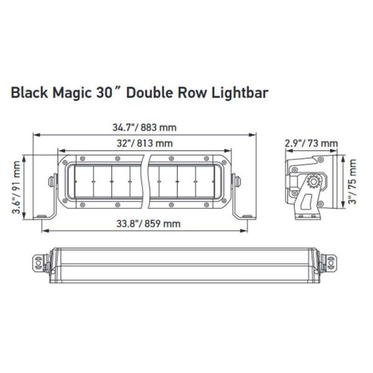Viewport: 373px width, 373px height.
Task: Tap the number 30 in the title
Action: [106, 93]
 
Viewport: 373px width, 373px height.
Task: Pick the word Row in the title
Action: [193, 93]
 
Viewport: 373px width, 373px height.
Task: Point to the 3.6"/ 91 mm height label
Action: [17, 187]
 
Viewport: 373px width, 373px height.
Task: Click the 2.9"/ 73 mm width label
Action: [310, 144]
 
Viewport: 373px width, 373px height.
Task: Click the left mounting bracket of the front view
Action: [50, 198]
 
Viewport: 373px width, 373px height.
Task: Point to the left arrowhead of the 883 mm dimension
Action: [36, 134]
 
